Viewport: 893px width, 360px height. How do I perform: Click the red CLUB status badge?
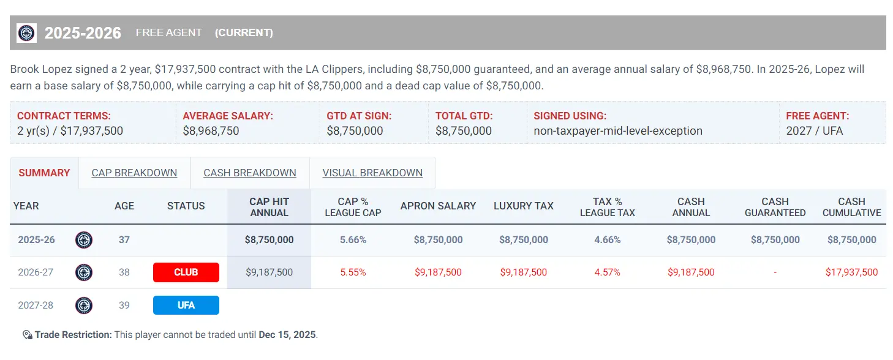(x=186, y=272)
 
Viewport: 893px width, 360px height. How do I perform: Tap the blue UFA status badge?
(x=186, y=305)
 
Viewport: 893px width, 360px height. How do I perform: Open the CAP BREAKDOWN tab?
(x=134, y=173)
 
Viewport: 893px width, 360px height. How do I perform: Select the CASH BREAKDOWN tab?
(x=250, y=173)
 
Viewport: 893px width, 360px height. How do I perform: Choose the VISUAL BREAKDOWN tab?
(x=372, y=173)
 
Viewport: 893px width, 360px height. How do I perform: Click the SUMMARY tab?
(x=44, y=173)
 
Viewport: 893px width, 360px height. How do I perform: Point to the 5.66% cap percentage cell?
(x=353, y=240)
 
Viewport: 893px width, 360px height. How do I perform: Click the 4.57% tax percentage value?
(x=607, y=272)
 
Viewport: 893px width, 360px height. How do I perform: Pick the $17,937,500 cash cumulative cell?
(x=851, y=272)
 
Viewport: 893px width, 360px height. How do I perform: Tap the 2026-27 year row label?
(x=35, y=272)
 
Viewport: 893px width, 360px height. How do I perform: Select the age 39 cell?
(x=124, y=305)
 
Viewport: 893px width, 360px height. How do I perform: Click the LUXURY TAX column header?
(x=523, y=206)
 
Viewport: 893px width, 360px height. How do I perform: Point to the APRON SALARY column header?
(x=438, y=206)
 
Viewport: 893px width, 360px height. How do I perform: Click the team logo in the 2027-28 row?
(x=84, y=305)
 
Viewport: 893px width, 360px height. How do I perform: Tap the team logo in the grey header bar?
(x=26, y=33)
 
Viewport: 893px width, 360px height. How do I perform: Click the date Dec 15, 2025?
(x=287, y=335)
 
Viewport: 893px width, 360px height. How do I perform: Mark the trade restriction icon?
(x=27, y=335)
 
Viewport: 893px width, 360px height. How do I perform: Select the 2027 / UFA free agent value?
(x=814, y=131)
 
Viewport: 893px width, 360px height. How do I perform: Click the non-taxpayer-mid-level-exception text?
(x=618, y=131)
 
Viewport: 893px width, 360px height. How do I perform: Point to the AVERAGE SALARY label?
(x=228, y=116)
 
